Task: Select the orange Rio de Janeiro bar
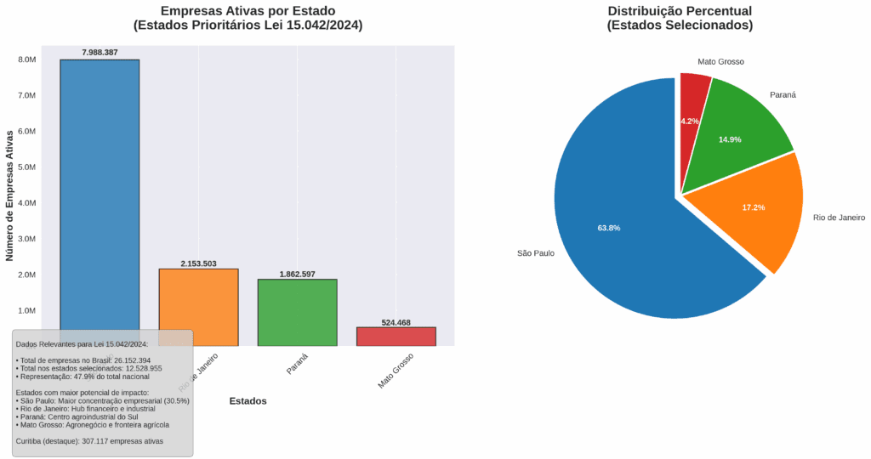[x=198, y=297]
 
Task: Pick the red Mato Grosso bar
[x=396, y=337]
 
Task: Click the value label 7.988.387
[x=100, y=53]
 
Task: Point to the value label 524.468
[x=396, y=322]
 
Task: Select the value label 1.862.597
[x=297, y=274]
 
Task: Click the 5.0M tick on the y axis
[x=26, y=167]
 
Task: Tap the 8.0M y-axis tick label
[x=26, y=60]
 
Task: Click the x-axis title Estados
[x=248, y=401]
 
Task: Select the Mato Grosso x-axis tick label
[x=397, y=371]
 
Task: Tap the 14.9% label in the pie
[x=731, y=139]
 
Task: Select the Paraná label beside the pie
[x=783, y=94]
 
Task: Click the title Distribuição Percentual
[x=680, y=11]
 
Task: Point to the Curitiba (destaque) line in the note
[x=89, y=441]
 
